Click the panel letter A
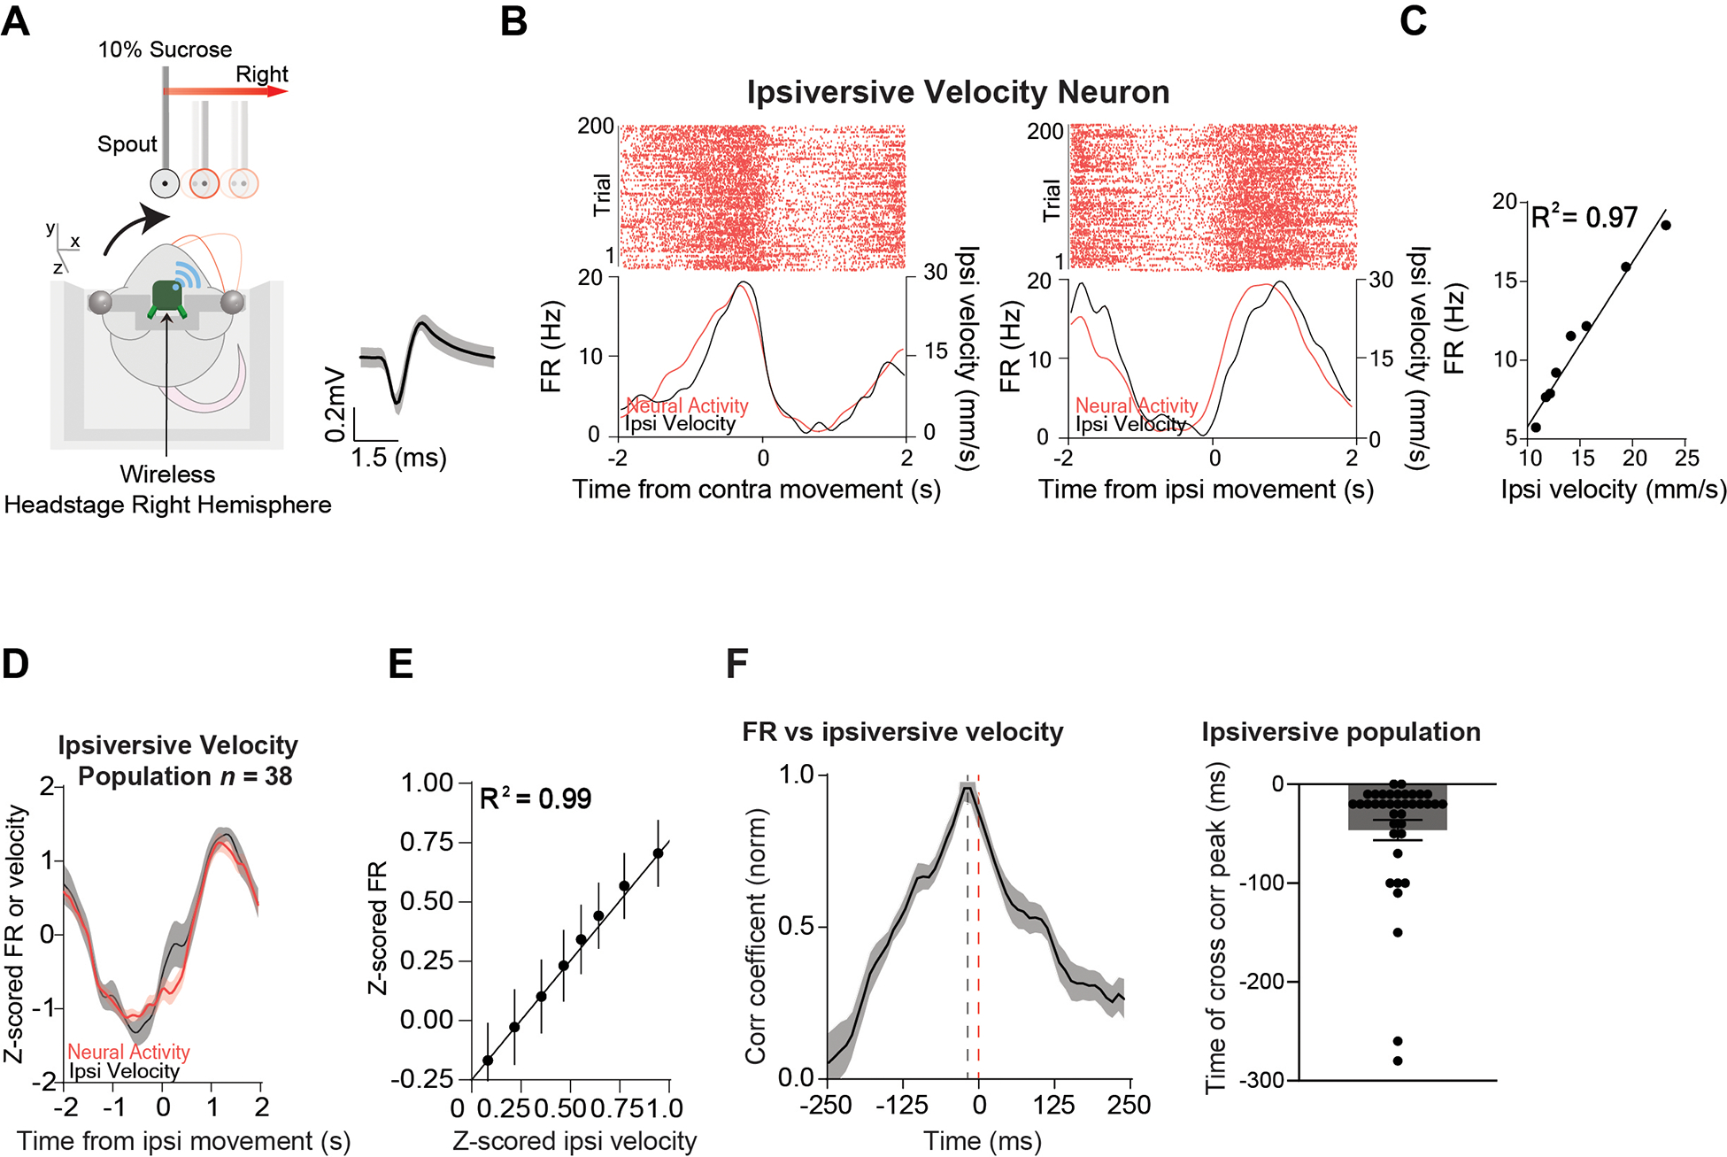click(x=16, y=21)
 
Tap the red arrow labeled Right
click(x=227, y=91)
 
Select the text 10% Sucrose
click(x=165, y=50)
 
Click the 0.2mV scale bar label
click(x=335, y=404)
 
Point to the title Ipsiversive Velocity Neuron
click(x=958, y=92)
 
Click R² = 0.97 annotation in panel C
click(x=1584, y=217)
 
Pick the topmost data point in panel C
click(x=1665, y=225)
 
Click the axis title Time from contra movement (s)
click(x=756, y=490)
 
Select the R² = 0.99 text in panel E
click(x=535, y=798)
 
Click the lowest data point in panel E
click(x=488, y=1060)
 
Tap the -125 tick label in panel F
click(x=901, y=1105)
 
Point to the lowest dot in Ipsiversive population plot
click(x=1398, y=1061)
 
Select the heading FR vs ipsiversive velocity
click(x=902, y=732)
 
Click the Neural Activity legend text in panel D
click(x=129, y=1052)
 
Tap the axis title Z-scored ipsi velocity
click(x=574, y=1141)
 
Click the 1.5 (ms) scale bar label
click(x=398, y=458)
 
